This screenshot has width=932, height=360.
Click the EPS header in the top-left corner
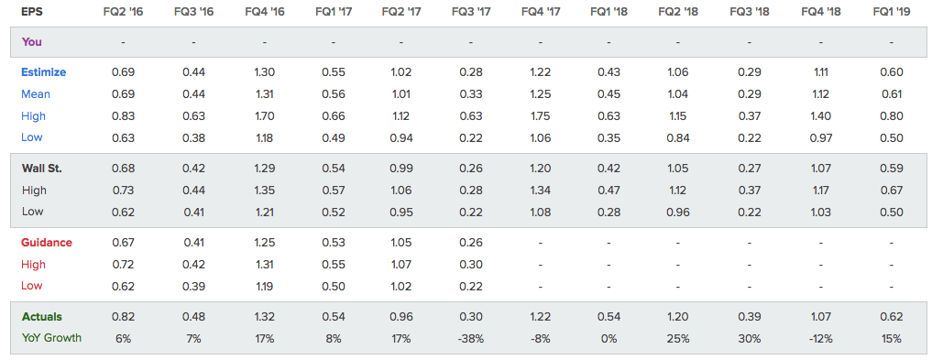(31, 11)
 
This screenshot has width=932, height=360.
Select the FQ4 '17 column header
(541, 11)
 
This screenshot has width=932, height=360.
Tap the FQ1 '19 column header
(891, 11)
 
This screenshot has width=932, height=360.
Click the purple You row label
(31, 42)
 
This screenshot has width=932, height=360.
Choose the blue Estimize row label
(43, 72)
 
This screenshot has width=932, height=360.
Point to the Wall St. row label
(42, 169)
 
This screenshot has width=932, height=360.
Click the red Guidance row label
(47, 243)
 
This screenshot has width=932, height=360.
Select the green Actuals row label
(41, 317)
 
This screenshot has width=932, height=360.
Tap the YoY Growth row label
(51, 338)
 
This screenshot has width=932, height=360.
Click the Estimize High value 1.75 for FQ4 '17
(541, 115)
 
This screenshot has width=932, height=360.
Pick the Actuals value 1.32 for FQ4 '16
(265, 317)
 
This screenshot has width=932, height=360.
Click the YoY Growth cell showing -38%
(471, 339)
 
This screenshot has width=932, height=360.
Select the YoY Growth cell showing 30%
(750, 339)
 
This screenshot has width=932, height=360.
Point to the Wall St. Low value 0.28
(609, 212)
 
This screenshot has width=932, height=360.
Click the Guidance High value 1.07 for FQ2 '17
(401, 265)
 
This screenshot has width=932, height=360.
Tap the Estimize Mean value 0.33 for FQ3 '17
(471, 93)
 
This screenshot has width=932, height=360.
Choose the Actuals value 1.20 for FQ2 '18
(677, 317)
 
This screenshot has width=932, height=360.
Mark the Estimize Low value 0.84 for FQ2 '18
(677, 137)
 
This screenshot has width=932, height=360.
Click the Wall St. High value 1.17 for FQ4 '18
(821, 191)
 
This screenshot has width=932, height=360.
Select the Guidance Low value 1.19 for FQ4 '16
(265, 286)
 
